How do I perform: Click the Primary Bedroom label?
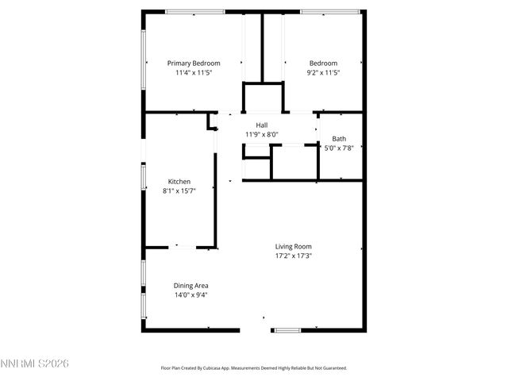(193, 63)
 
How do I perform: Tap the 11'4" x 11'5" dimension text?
(193, 72)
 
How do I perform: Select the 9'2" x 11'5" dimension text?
(323, 72)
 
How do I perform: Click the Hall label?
(261, 125)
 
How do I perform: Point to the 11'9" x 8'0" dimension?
(261, 134)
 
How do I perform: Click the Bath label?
(339, 138)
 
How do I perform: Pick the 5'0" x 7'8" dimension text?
(339, 148)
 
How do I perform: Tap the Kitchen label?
(179, 181)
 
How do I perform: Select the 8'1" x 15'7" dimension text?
(179, 190)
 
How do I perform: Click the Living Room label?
(293, 246)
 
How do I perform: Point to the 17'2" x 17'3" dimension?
(293, 256)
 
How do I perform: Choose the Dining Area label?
(190, 285)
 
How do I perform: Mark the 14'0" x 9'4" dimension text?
(190, 294)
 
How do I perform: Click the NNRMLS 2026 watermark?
(36, 364)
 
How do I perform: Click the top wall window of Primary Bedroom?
(194, 11)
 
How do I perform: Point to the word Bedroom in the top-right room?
(323, 63)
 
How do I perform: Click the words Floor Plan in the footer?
(174, 368)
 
